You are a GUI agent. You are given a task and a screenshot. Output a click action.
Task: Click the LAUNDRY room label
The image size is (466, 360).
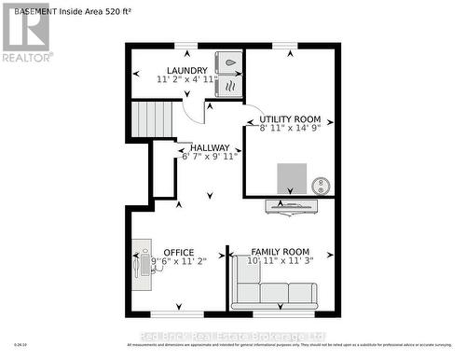pyautogui.click(x=186, y=70)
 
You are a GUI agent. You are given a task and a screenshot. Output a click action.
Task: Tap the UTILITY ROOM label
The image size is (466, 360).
pyautogui.click(x=290, y=119)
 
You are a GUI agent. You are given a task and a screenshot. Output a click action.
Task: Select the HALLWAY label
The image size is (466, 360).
pyautogui.click(x=210, y=147)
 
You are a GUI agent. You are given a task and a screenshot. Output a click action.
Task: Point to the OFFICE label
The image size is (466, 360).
pyautogui.click(x=178, y=252)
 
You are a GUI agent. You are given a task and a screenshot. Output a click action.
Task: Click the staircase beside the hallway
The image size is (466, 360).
pyautogui.click(x=152, y=119)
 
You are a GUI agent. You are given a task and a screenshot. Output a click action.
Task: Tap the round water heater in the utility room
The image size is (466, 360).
pyautogui.click(x=321, y=184)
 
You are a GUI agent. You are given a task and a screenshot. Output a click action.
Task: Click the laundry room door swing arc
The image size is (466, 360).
pyautogui.click(x=194, y=110)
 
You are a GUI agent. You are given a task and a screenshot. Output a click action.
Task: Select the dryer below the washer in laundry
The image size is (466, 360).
pyautogui.click(x=226, y=87)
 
